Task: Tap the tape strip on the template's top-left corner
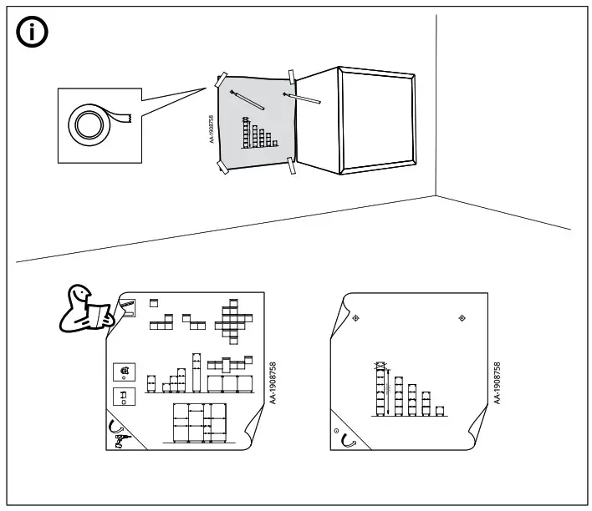(x=222, y=81)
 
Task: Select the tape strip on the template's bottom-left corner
(x=223, y=168)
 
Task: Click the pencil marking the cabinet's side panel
(x=302, y=99)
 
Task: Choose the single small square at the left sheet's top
(x=154, y=302)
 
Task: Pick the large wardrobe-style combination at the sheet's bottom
(x=199, y=423)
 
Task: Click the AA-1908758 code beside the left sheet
(x=272, y=383)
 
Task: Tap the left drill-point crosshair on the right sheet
(x=355, y=318)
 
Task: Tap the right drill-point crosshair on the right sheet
(x=462, y=318)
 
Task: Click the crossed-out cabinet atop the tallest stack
(x=382, y=366)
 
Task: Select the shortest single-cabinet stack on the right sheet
(x=440, y=410)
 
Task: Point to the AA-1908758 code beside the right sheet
(x=497, y=383)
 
